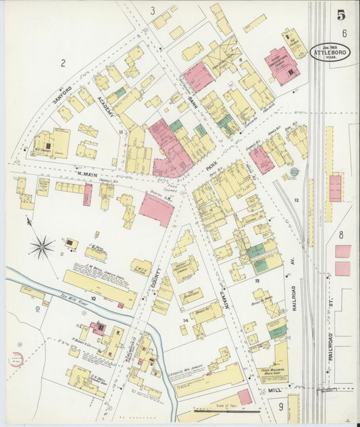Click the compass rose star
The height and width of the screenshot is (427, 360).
tap(41, 247)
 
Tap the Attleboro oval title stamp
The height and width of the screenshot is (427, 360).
tap(330, 52)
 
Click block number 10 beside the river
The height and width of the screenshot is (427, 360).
tap(93, 297)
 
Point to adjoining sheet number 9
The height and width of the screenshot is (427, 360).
tap(280, 407)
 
